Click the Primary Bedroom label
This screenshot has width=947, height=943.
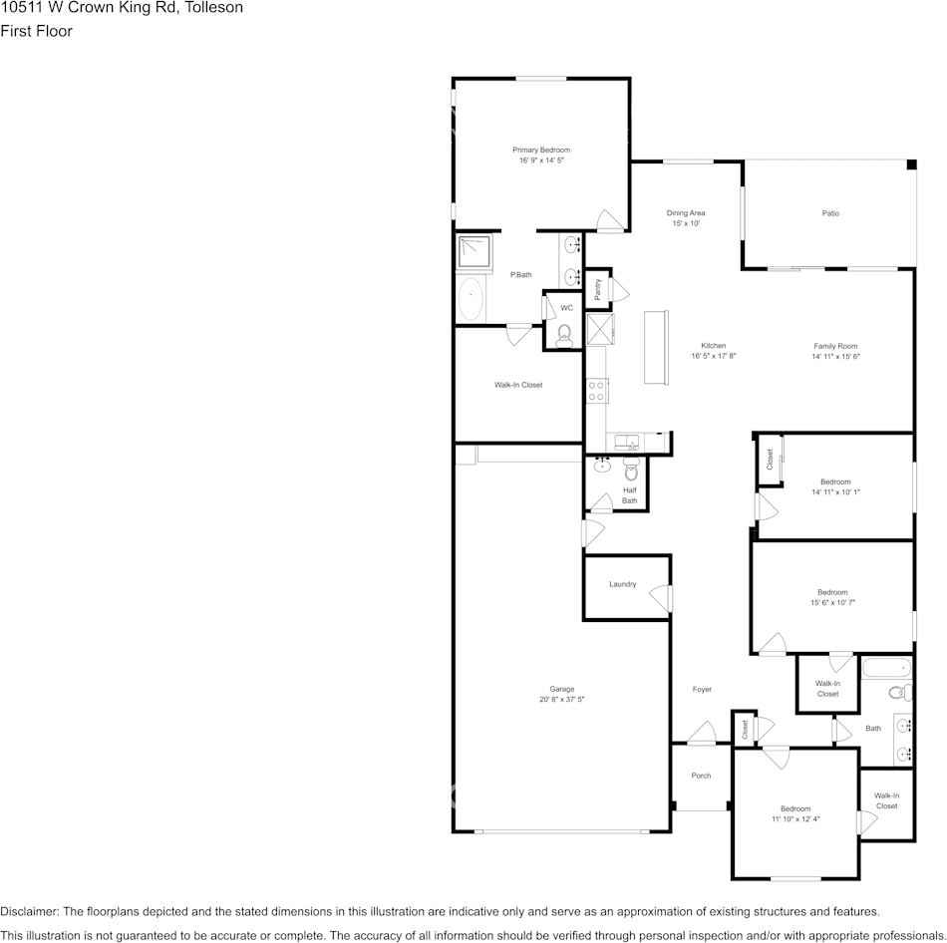click(x=541, y=150)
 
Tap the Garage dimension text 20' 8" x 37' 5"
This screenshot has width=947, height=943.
click(x=561, y=700)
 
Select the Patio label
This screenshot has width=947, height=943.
click(x=829, y=213)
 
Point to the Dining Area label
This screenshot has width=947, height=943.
click(x=686, y=212)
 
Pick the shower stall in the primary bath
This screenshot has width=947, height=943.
click(x=474, y=253)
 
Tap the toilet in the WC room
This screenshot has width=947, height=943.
click(x=564, y=334)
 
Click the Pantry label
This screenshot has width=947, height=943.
click(x=597, y=288)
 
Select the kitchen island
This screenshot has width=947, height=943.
click(x=657, y=346)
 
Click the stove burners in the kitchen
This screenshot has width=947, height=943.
click(x=597, y=391)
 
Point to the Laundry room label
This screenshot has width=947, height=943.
click(x=622, y=584)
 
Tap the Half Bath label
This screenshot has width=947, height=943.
click(x=629, y=494)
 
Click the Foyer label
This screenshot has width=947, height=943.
click(x=702, y=689)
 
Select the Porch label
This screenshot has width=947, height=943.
click(x=701, y=776)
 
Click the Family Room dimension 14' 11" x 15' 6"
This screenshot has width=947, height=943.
click(x=834, y=356)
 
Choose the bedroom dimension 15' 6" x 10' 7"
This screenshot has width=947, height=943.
click(x=832, y=602)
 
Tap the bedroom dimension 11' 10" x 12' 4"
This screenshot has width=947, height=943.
click(x=794, y=818)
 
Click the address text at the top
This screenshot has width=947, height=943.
click(x=122, y=8)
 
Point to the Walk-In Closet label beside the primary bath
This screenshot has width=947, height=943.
click(x=518, y=385)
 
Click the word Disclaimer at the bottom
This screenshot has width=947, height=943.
click(x=29, y=911)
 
